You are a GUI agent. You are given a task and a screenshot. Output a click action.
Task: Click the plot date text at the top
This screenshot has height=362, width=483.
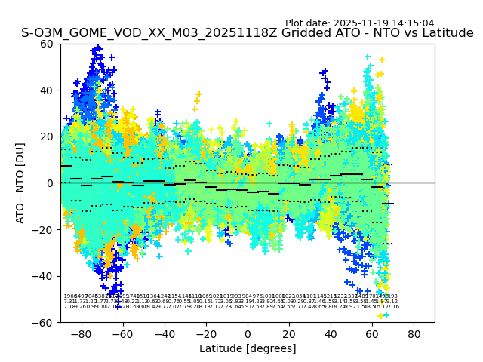(x=359, y=23)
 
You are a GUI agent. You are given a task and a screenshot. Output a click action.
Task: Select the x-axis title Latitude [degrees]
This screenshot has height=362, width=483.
(x=247, y=348)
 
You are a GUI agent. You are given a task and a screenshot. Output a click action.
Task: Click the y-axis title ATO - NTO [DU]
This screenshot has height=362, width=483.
(x=21, y=183)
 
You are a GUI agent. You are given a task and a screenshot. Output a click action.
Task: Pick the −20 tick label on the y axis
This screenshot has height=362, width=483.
(x=45, y=229)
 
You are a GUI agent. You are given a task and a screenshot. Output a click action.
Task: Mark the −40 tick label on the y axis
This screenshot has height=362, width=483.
(x=45, y=276)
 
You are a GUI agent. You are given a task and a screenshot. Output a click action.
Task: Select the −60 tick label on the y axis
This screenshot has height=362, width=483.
(x=45, y=322)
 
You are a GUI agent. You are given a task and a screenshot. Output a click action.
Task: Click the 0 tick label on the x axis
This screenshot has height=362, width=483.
(x=247, y=333)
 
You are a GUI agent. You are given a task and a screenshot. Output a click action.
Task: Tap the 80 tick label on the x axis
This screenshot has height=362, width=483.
(x=414, y=333)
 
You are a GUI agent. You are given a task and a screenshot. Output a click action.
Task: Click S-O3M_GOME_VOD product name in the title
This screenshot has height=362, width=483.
(x=83, y=34)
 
